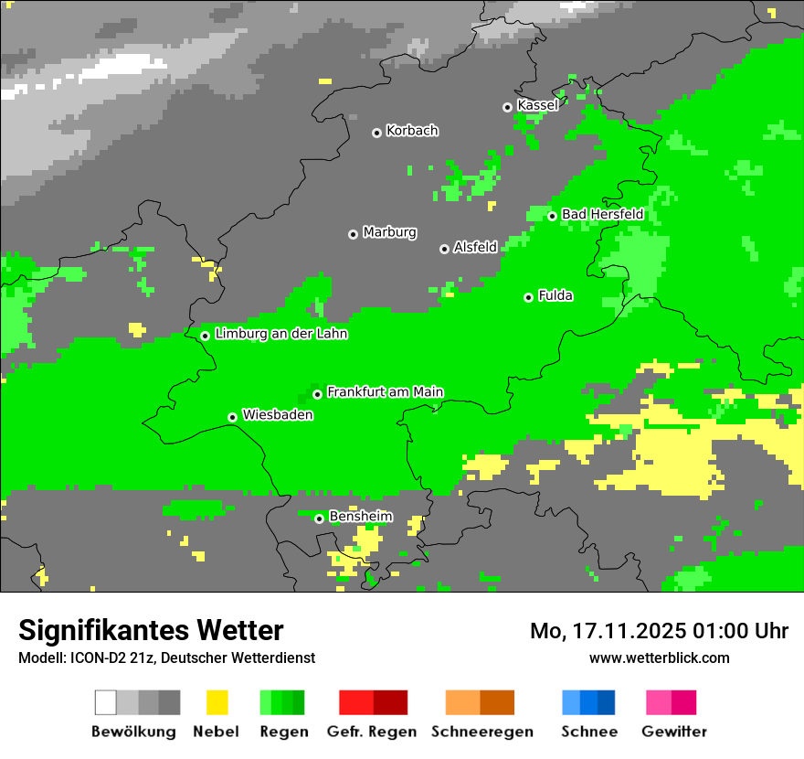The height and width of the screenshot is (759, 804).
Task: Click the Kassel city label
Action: [537, 105]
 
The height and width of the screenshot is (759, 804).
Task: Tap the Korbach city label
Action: [412, 131]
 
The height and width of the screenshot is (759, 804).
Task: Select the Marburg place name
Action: [389, 232]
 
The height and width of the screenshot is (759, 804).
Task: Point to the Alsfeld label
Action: [475, 247]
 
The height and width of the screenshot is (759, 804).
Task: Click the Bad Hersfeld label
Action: [602, 214]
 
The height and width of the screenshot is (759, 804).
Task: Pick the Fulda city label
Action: [555, 295]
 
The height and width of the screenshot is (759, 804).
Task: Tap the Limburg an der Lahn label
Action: [280, 334]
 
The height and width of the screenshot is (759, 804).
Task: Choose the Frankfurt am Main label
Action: [385, 392]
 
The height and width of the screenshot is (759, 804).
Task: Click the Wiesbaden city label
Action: [278, 415]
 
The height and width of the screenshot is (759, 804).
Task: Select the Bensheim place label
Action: [360, 517]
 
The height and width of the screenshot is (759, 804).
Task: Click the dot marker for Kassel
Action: [508, 107]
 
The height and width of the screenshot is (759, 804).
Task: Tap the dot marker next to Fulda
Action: [528, 297]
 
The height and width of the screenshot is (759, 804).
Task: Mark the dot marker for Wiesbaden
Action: [233, 417]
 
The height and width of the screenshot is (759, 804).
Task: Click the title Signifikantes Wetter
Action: [151, 630]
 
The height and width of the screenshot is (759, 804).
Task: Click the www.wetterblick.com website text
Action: [659, 657]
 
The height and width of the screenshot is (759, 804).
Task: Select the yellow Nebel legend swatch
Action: [217, 702]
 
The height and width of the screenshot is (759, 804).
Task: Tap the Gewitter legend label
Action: [673, 732]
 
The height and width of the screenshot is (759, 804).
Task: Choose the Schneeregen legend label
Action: [481, 732]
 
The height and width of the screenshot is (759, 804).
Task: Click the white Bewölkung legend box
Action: [106, 702]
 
